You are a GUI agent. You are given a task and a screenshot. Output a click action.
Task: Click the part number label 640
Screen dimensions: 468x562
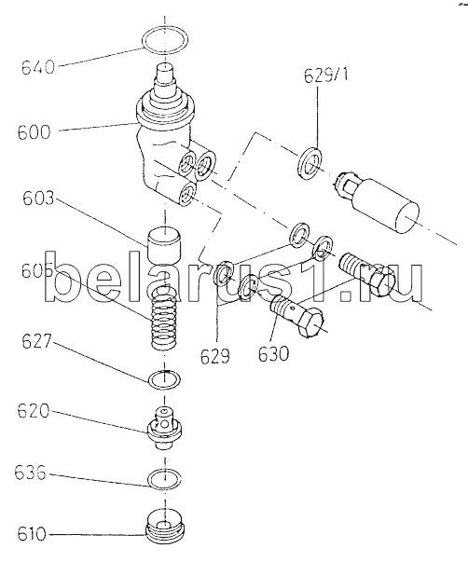click(38, 67)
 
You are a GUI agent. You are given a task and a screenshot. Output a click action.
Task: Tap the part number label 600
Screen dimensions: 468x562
click(34, 132)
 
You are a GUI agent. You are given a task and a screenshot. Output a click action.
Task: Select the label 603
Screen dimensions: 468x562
click(38, 199)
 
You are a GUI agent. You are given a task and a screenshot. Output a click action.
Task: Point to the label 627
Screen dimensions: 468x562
click(37, 341)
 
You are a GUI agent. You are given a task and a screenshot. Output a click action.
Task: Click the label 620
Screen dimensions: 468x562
click(34, 411)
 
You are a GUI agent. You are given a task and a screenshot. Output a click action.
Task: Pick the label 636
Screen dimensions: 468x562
click(31, 473)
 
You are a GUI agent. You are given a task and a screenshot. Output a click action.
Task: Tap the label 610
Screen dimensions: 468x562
click(32, 534)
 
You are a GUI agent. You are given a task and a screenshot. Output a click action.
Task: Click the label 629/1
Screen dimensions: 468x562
click(326, 75)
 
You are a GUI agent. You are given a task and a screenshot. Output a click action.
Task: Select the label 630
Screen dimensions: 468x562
click(273, 354)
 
